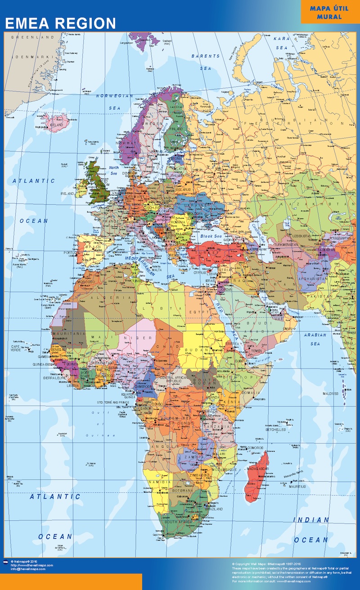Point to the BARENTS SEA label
206,62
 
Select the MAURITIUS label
297,486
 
